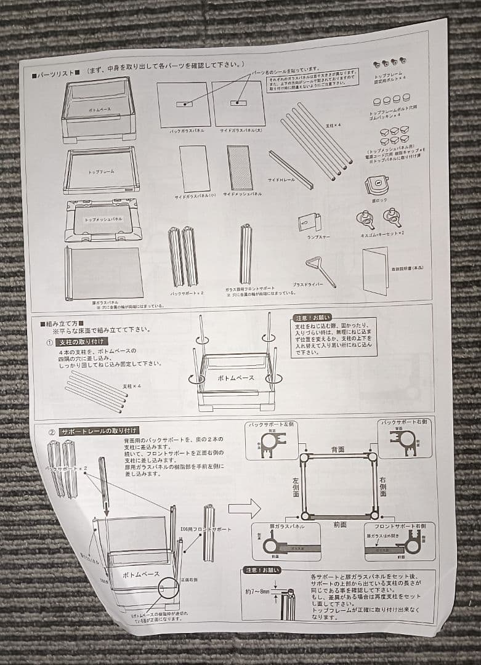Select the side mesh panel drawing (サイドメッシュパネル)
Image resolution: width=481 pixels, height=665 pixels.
click(x=240, y=167)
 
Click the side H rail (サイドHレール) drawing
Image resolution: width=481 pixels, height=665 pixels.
click(x=290, y=169)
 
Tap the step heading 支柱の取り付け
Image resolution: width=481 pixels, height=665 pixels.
click(x=82, y=342)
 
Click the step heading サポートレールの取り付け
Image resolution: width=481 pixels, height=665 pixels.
click(x=99, y=430)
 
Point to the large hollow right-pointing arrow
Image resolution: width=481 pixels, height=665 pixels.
click(x=245, y=509)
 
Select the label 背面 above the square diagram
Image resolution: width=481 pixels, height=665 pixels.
click(x=338, y=449)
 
